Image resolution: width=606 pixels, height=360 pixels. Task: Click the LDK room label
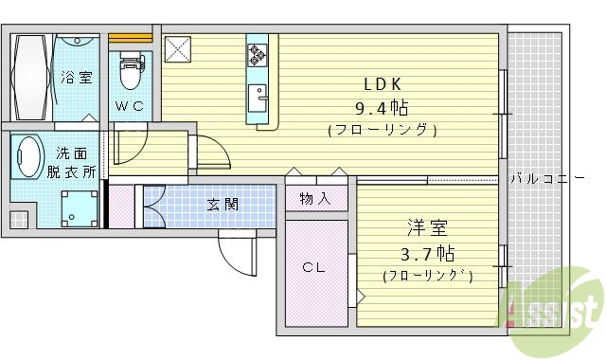pos(383,82)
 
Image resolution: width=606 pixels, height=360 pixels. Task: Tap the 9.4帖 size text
pos(383,106)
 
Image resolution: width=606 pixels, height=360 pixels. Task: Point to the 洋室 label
pos(426,228)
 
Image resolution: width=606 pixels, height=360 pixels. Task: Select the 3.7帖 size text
pos(426,253)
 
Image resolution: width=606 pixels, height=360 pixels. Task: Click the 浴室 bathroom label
pos(77,78)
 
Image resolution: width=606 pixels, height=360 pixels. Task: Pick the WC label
pos(130,106)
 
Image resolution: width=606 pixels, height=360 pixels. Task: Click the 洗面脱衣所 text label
pos(72,162)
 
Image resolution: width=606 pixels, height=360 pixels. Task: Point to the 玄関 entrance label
pos(223,204)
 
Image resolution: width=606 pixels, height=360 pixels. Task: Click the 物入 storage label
pos(315,198)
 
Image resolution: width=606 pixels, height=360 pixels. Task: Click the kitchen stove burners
pos(258,56)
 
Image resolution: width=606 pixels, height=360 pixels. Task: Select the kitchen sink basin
pos(258,99)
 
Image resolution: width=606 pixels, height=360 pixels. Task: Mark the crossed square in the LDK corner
pos(178,49)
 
